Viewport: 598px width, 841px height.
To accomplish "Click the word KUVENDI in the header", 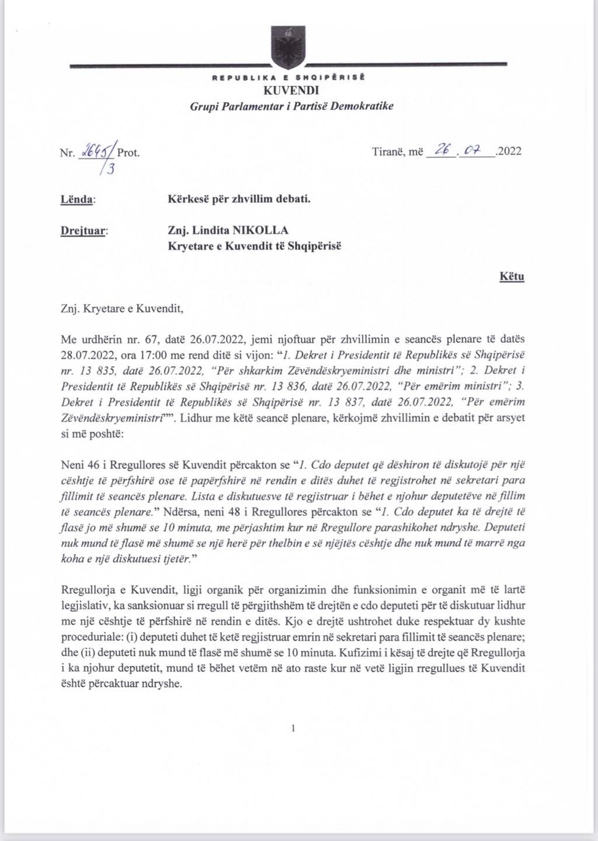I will [291, 91].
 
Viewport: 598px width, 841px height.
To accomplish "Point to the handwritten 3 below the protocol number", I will [109, 170].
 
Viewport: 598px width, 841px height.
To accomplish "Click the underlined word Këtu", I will [512, 276].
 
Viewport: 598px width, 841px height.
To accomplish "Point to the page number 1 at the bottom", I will [293, 728].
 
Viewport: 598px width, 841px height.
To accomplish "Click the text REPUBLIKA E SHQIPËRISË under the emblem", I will [288, 77].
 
